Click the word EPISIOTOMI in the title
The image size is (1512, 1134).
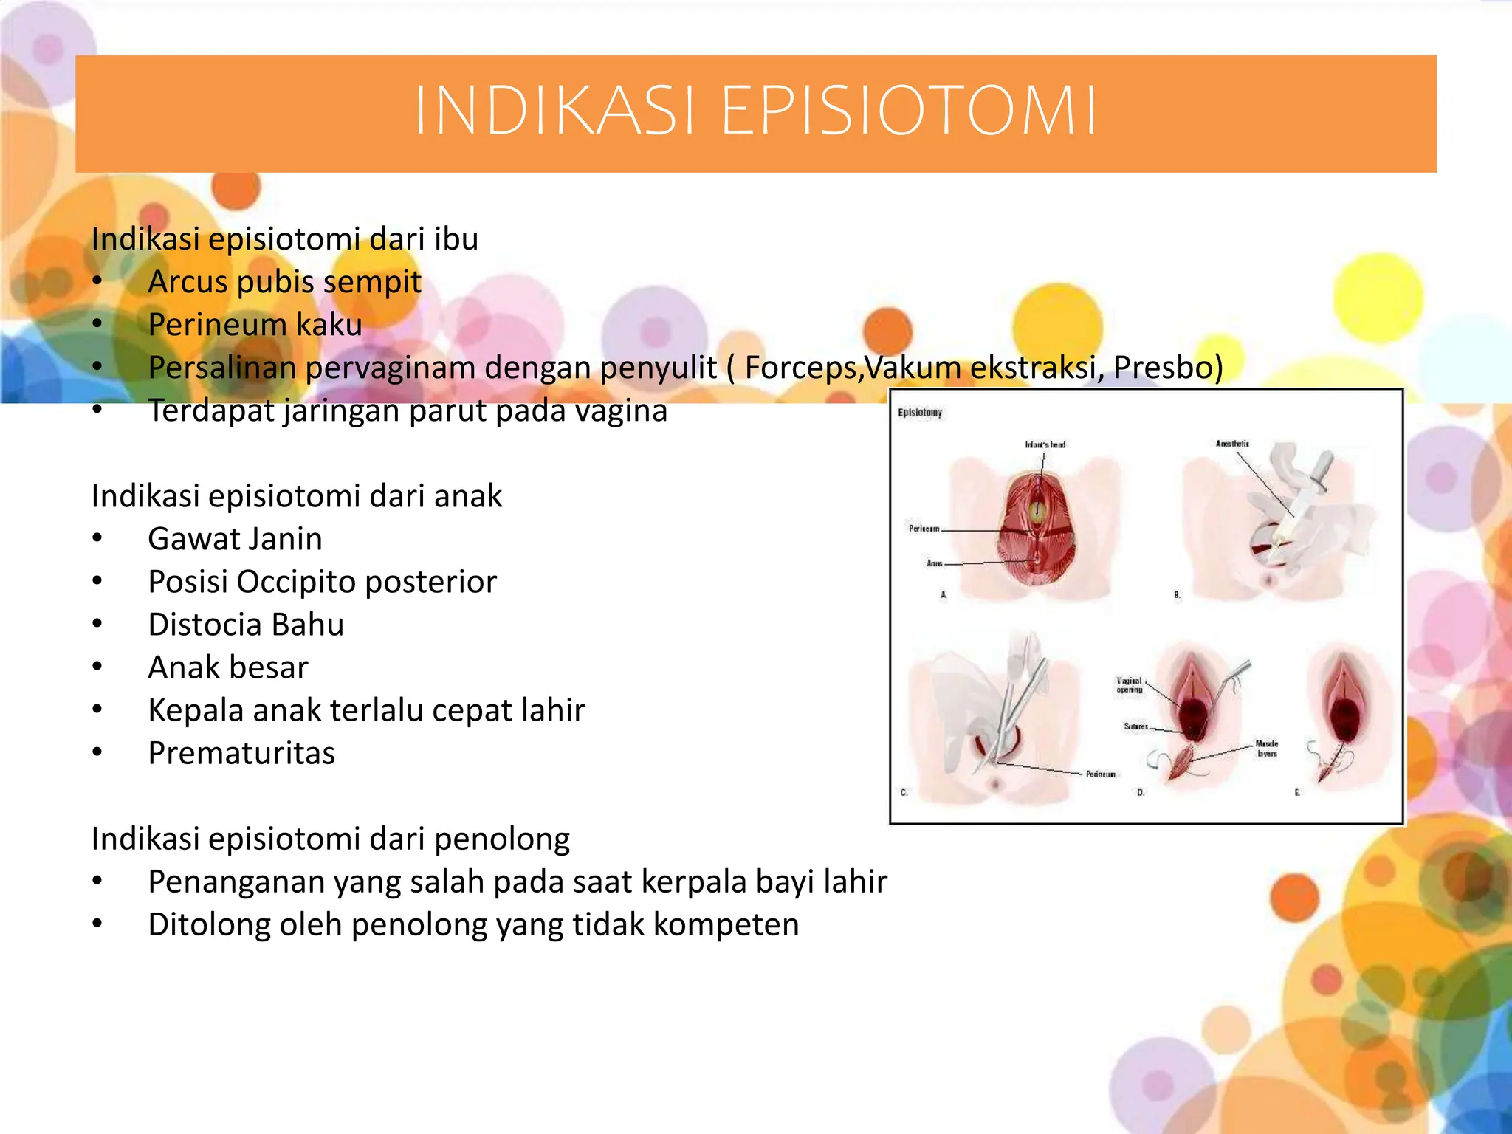(908, 111)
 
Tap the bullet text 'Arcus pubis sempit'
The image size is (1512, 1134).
(284, 282)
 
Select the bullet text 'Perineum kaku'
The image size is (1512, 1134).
(255, 325)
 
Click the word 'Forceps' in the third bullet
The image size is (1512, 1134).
(802, 368)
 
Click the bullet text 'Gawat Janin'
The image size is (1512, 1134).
(235, 539)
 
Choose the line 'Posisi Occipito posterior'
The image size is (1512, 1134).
(322, 582)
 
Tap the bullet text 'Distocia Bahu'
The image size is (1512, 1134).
(246, 625)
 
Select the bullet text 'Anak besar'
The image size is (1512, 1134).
(227, 667)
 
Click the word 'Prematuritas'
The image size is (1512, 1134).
(241, 753)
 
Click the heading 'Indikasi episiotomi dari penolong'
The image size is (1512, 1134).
(330, 839)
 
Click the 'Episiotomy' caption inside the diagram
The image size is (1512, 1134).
(920, 413)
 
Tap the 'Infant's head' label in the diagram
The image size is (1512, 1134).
(1045, 444)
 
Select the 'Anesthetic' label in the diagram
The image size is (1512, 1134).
(1232, 444)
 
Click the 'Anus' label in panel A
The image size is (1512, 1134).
(934, 563)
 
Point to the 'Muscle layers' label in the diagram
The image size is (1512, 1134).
(1266, 749)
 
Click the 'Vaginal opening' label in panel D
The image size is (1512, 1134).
(1130, 685)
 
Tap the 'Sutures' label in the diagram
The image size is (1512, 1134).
(1135, 726)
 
